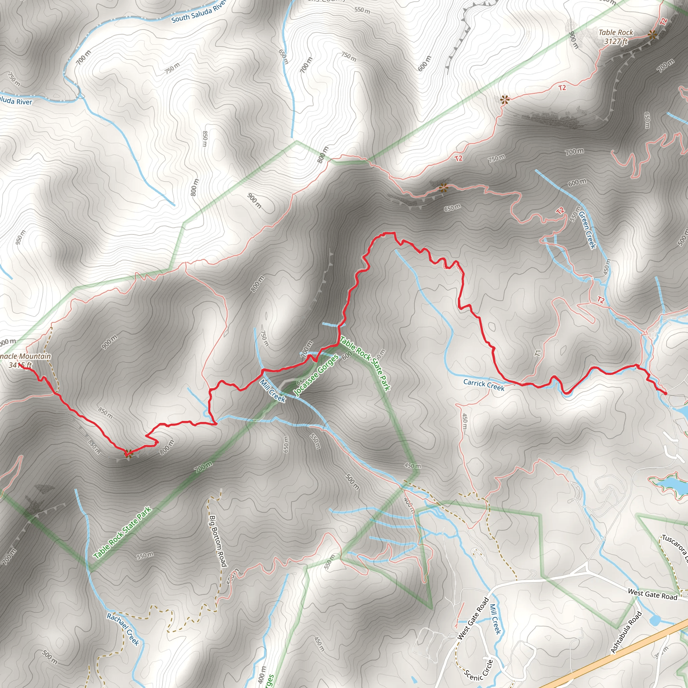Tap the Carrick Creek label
tap(484, 385)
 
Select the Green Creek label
tap(587, 230)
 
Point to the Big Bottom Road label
tap(218, 541)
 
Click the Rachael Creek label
tap(123, 629)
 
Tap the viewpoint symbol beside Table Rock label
tap(652, 35)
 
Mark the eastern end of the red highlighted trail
tap(665, 393)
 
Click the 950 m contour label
tap(20, 237)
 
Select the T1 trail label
tap(538, 353)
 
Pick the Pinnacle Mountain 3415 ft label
tap(24, 360)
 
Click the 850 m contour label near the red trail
tap(105, 413)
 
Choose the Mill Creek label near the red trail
tap(272, 391)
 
